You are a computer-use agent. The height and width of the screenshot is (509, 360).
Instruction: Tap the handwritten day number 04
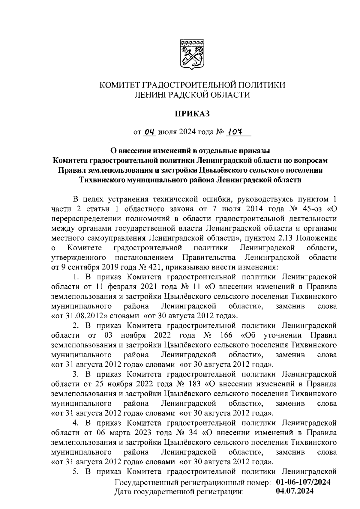point(149,132)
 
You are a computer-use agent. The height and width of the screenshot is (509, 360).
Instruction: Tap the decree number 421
point(154,267)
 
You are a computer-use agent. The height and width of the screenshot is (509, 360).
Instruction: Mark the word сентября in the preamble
point(80,267)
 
